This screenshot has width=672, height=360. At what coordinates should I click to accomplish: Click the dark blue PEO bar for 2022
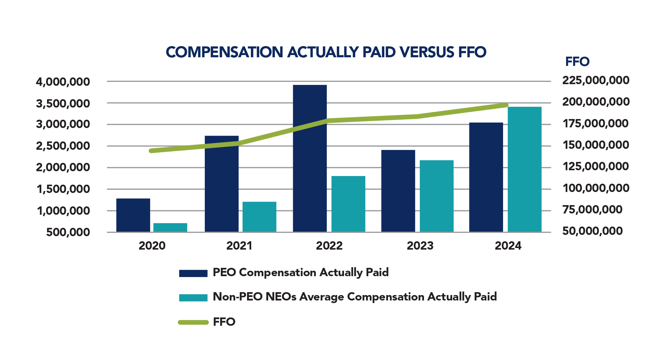pyautogui.click(x=310, y=158)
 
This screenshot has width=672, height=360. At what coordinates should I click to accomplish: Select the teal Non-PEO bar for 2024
pyautogui.click(x=524, y=170)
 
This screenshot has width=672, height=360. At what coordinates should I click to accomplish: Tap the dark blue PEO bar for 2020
pyautogui.click(x=133, y=215)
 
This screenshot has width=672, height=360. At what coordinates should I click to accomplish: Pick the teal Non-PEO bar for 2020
pyautogui.click(x=170, y=228)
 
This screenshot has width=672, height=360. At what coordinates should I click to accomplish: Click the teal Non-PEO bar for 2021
pyautogui.click(x=259, y=217)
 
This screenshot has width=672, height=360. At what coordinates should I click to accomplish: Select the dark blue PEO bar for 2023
pyautogui.click(x=398, y=191)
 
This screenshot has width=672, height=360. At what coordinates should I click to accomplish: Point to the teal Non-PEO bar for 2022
pyautogui.click(x=348, y=204)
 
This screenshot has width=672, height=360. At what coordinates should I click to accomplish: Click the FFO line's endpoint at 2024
pyautogui.click(x=506, y=105)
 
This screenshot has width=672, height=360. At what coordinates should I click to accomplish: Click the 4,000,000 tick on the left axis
pyautogui.click(x=63, y=82)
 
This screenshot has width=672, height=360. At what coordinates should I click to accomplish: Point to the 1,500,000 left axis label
pyautogui.click(x=63, y=189)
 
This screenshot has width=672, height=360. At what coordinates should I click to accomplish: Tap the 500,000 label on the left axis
pyautogui.click(x=68, y=232)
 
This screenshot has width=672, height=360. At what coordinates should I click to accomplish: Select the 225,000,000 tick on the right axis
pyautogui.click(x=596, y=80)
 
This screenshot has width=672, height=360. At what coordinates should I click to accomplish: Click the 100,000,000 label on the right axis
pyautogui.click(x=596, y=188)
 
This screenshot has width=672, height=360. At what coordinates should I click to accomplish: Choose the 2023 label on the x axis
pyautogui.click(x=420, y=246)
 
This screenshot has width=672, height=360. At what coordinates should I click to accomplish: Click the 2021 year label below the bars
pyautogui.click(x=239, y=246)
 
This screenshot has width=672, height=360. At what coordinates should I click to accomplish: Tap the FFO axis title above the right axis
pyautogui.click(x=577, y=61)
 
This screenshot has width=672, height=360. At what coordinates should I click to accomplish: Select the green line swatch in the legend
pyautogui.click(x=193, y=322)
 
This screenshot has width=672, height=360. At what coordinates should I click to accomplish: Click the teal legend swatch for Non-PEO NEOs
pyautogui.click(x=193, y=298)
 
